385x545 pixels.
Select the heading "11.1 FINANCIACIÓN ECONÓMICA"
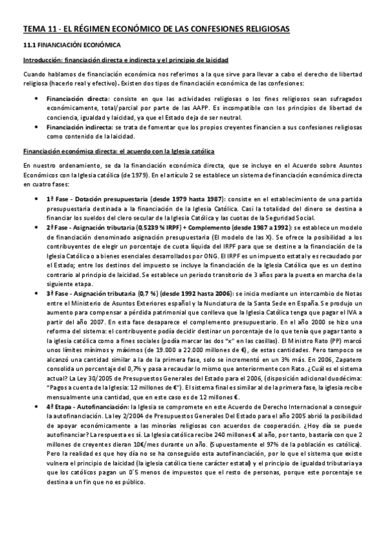tap(70, 46)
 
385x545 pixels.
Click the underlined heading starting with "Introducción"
tap(125, 60)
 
